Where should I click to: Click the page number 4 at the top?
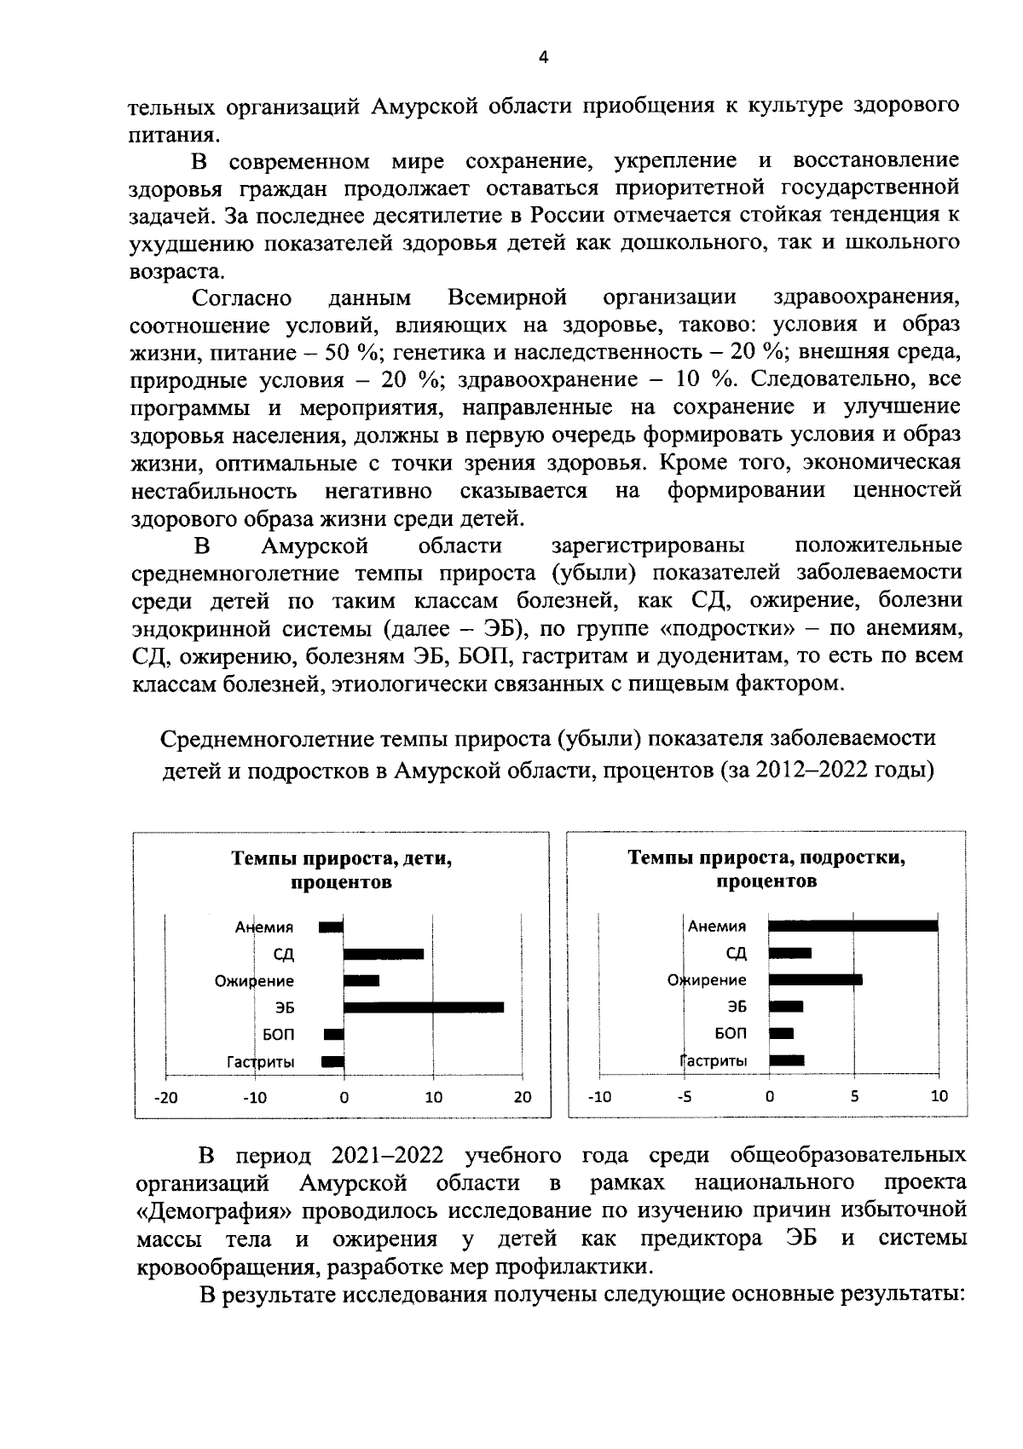pyautogui.click(x=543, y=57)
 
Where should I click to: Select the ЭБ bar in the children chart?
pyautogui.click(x=423, y=1007)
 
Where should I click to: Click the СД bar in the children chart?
pyautogui.click(x=383, y=954)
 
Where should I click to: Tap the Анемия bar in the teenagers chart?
pyautogui.click(x=852, y=926)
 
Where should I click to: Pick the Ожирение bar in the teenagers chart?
pyautogui.click(x=815, y=979)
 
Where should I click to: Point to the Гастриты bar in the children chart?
pyautogui.click(x=332, y=1061)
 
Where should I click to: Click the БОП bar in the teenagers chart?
pyautogui.click(x=781, y=1033)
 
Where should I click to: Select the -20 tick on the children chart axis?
pyautogui.click(x=165, y=1098)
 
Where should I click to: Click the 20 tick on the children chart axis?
pyautogui.click(x=522, y=1098)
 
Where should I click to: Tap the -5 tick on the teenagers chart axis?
pyautogui.click(x=685, y=1097)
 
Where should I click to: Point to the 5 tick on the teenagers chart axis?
pyautogui.click(x=854, y=1097)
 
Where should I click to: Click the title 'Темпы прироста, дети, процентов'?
pyautogui.click(x=341, y=870)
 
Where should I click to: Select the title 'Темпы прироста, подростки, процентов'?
pyautogui.click(x=766, y=869)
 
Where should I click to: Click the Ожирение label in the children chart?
pyautogui.click(x=254, y=981)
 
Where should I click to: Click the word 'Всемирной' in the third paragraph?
pyautogui.click(x=507, y=297)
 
